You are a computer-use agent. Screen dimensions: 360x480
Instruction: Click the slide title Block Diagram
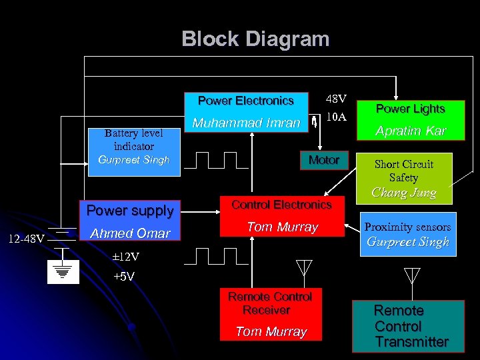click(255, 39)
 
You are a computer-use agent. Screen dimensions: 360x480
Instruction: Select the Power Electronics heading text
click(245, 101)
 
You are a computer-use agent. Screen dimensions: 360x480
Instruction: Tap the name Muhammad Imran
click(246, 123)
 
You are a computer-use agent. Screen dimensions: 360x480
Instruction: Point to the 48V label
click(336, 99)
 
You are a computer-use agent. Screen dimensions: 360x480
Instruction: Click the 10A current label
click(337, 117)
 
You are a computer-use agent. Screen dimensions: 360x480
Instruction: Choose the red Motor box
click(324, 160)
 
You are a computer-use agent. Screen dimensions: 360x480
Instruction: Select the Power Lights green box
click(410, 109)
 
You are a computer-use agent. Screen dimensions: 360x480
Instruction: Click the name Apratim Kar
click(410, 131)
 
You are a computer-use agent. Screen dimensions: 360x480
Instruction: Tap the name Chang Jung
click(403, 193)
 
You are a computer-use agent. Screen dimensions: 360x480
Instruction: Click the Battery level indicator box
click(134, 147)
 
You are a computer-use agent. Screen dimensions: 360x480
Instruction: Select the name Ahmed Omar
click(131, 233)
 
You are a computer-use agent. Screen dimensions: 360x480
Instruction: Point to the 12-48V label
click(27, 239)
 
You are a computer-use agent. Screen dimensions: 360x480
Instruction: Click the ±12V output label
click(107, 257)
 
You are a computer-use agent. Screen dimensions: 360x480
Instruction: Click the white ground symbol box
click(63, 271)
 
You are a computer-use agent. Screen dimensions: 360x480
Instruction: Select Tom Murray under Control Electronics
click(282, 227)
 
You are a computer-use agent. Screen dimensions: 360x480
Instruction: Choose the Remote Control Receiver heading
click(270, 303)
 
